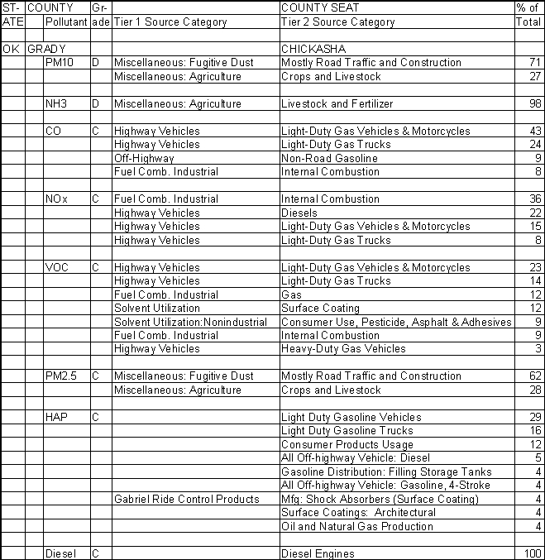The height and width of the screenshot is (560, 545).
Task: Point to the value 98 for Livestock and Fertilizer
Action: click(x=533, y=104)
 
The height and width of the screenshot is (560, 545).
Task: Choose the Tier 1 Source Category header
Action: click(x=170, y=22)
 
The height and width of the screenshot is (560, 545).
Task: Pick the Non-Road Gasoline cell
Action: click(x=329, y=158)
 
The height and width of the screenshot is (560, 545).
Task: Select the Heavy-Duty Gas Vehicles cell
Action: click(x=343, y=349)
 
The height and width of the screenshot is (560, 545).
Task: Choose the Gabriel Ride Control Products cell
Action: click(x=186, y=499)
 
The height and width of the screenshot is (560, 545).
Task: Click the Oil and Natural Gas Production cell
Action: click(x=346, y=526)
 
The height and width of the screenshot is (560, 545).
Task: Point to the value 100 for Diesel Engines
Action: click(x=531, y=553)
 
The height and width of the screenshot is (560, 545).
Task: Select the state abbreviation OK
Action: click(x=11, y=49)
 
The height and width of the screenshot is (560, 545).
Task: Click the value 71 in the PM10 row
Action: click(x=533, y=63)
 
